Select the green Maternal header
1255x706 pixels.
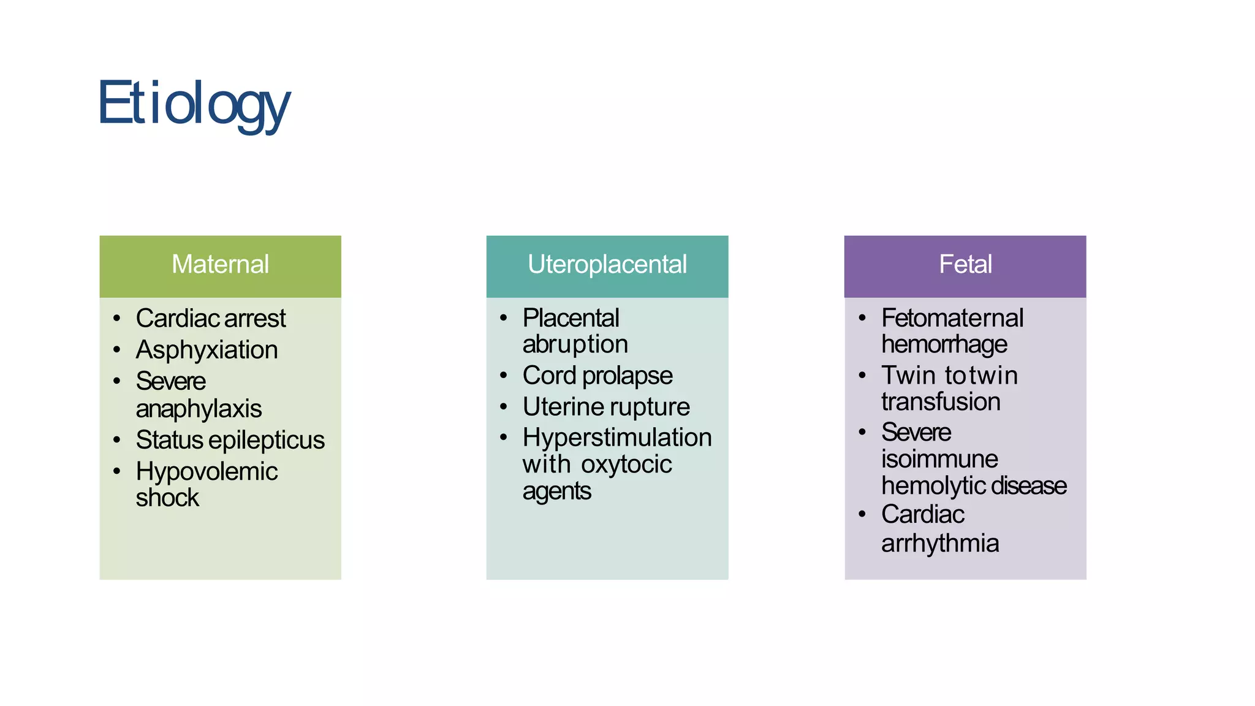[220, 265]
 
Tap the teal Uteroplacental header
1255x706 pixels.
[607, 265]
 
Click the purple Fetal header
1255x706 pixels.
[965, 265]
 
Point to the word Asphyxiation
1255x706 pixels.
[207, 350]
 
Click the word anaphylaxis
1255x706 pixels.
[199, 409]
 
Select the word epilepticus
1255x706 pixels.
[270, 440]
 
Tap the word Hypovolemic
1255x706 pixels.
[207, 471]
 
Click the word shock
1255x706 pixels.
[167, 498]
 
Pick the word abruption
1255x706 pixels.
[575, 344]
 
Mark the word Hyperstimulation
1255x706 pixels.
[617, 438]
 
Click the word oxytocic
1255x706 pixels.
[626, 465]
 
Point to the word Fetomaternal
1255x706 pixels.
[952, 318]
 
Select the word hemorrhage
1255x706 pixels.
[944, 344]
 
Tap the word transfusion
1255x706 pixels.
[941, 402]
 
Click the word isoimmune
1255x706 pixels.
[939, 459]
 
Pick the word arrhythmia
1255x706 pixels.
[940, 544]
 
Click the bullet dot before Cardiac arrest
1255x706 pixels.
[117, 318]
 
